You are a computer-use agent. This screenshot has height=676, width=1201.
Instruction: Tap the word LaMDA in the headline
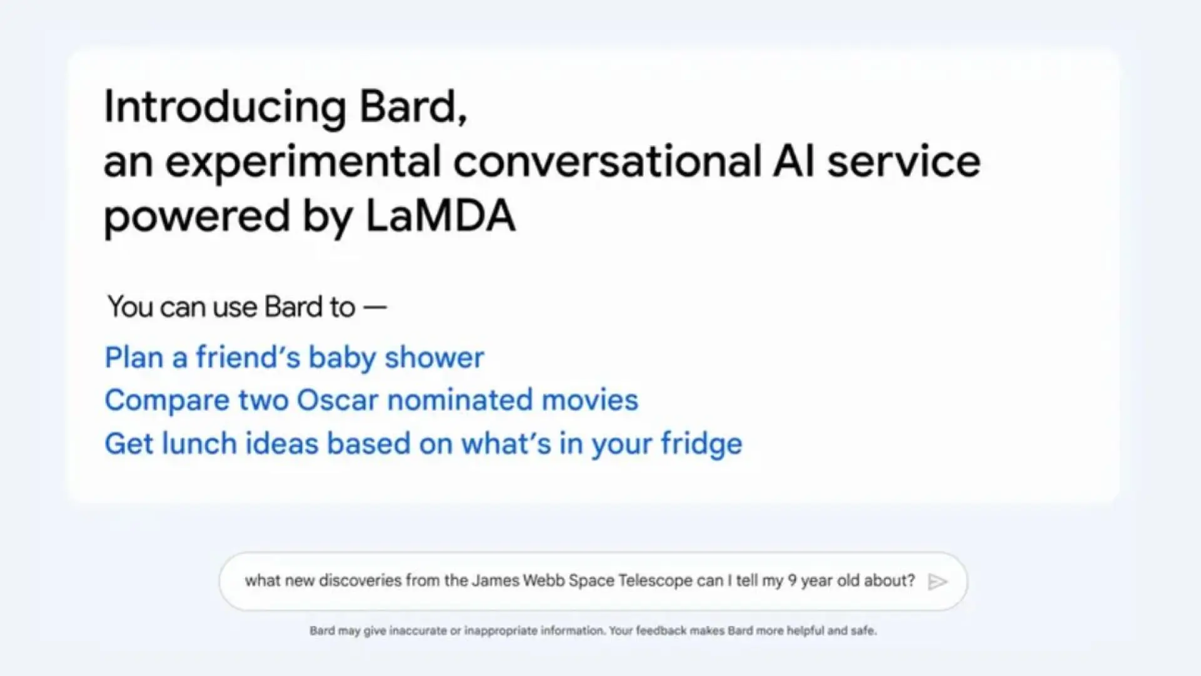click(440, 216)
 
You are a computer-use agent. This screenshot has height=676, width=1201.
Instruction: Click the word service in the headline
click(904, 161)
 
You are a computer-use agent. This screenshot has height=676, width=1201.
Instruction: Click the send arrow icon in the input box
click(937, 582)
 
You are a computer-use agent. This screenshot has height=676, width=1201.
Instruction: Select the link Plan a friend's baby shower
click(294, 358)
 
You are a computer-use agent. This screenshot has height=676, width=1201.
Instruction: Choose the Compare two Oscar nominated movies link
click(371, 401)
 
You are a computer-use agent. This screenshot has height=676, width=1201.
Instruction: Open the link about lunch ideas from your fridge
click(423, 444)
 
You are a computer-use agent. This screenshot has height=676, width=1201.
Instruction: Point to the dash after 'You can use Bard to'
click(375, 307)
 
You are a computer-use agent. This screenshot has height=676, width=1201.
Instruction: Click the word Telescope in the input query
click(655, 581)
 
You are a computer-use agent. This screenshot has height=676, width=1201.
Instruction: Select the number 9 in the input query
click(792, 581)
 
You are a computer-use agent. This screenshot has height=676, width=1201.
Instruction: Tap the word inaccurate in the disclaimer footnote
click(417, 631)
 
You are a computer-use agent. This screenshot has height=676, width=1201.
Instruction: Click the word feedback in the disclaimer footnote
click(661, 631)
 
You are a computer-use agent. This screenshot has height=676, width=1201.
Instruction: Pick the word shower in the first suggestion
click(434, 358)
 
